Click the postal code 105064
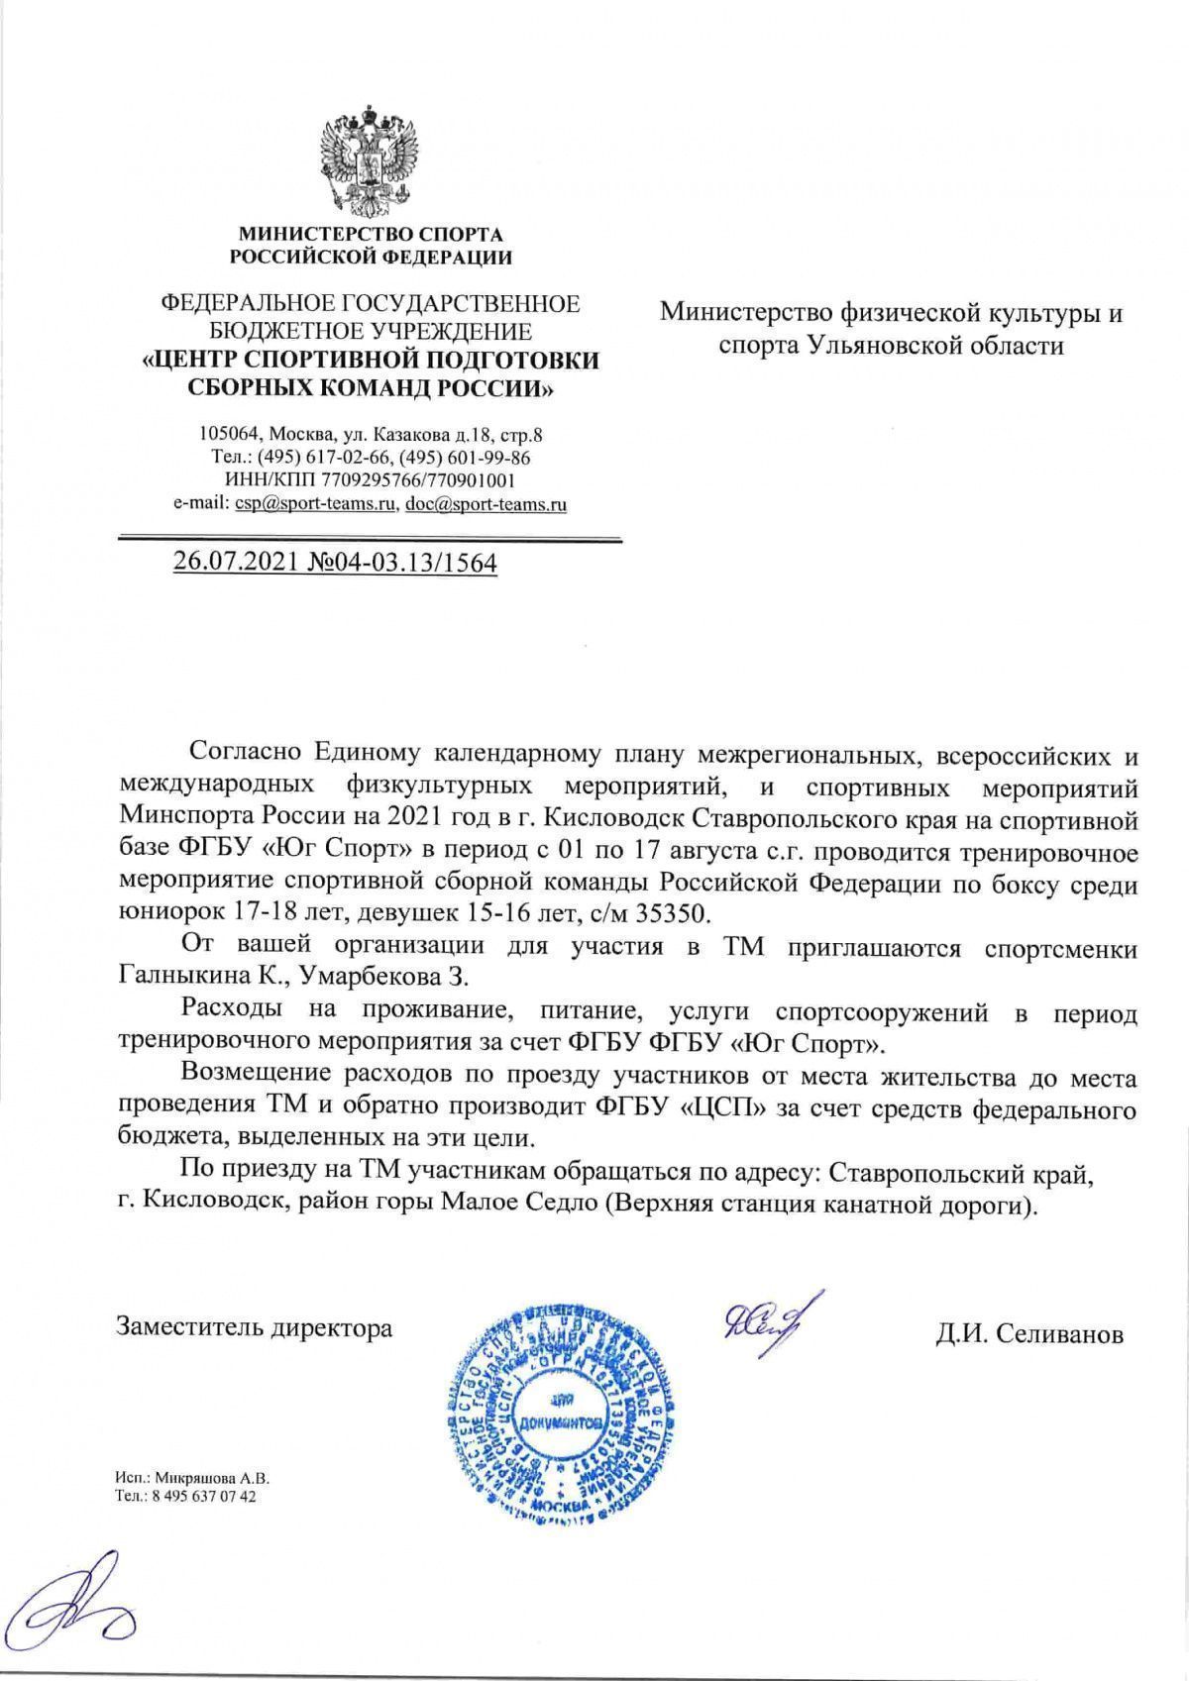point(229,434)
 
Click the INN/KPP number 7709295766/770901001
point(402,480)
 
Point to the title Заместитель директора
point(255,1327)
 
